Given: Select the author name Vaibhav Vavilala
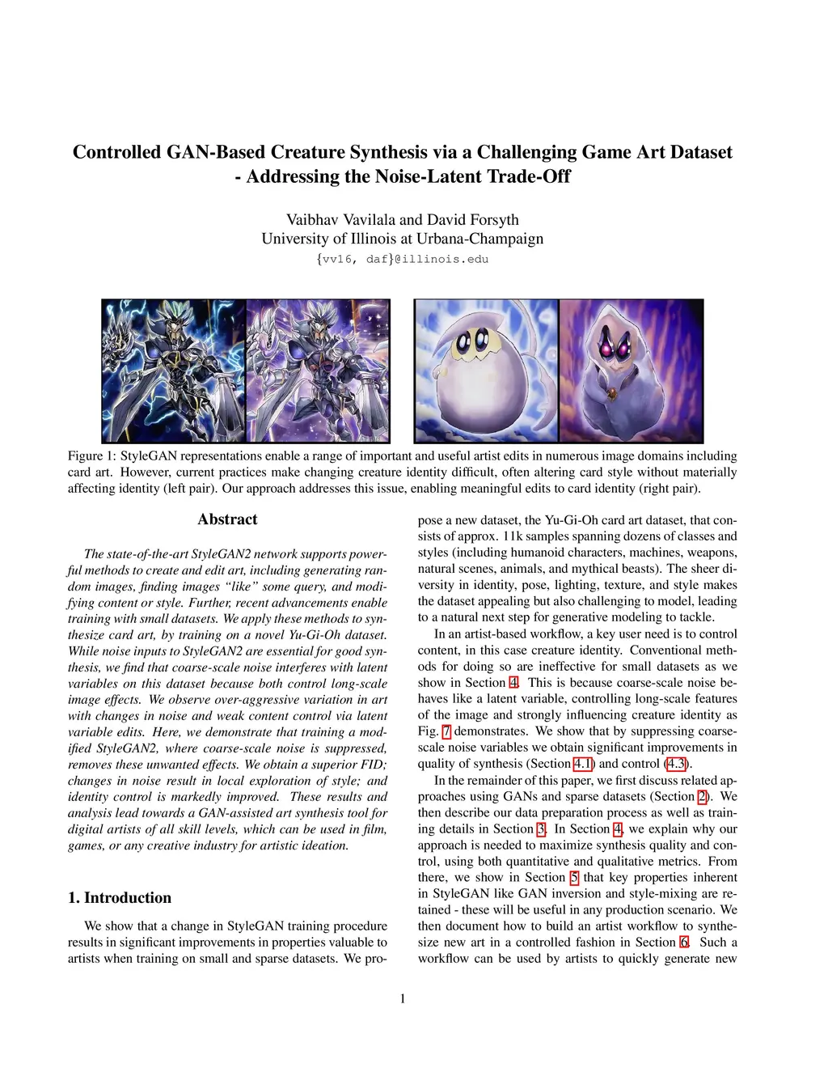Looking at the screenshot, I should point(335,219).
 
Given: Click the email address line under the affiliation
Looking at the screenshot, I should point(402,259).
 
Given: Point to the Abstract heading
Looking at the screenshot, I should point(227,519).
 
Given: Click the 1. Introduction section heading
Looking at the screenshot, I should point(120,897).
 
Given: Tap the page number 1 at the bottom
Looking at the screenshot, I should point(403,998).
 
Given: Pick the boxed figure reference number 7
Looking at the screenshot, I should point(446,731).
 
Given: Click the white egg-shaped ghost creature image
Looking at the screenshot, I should point(486,371).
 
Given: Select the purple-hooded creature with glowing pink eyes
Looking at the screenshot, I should point(631,371).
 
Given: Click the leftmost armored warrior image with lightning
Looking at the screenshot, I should point(173,371).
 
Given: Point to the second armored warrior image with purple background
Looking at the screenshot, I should point(317,371).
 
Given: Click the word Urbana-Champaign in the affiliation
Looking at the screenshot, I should point(482,239).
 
